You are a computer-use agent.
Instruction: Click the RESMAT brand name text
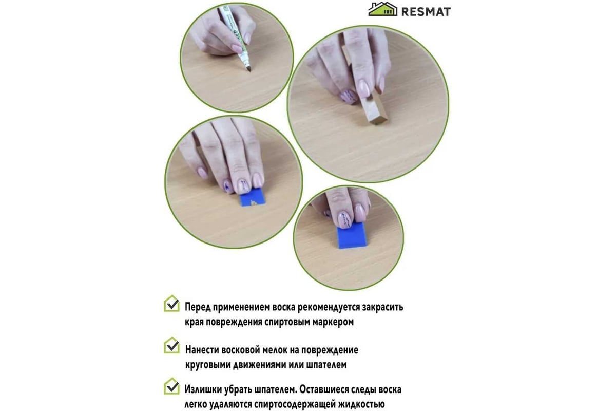[x=426, y=12]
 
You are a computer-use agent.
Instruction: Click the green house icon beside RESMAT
[x=382, y=9]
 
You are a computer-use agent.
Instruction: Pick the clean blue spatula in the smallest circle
[x=352, y=235]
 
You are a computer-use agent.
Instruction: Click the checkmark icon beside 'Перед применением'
[x=172, y=303]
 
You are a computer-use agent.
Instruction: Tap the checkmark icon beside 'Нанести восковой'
[x=172, y=345]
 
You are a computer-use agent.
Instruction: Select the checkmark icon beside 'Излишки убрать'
[x=172, y=386]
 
